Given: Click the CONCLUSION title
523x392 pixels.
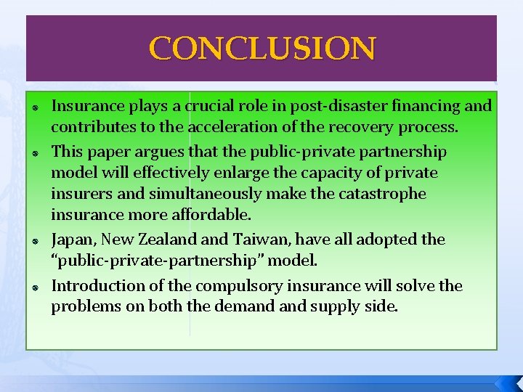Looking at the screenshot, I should (262, 49).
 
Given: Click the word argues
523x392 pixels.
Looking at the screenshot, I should (158, 152).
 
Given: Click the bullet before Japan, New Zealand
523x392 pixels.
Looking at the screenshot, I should (35, 241).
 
